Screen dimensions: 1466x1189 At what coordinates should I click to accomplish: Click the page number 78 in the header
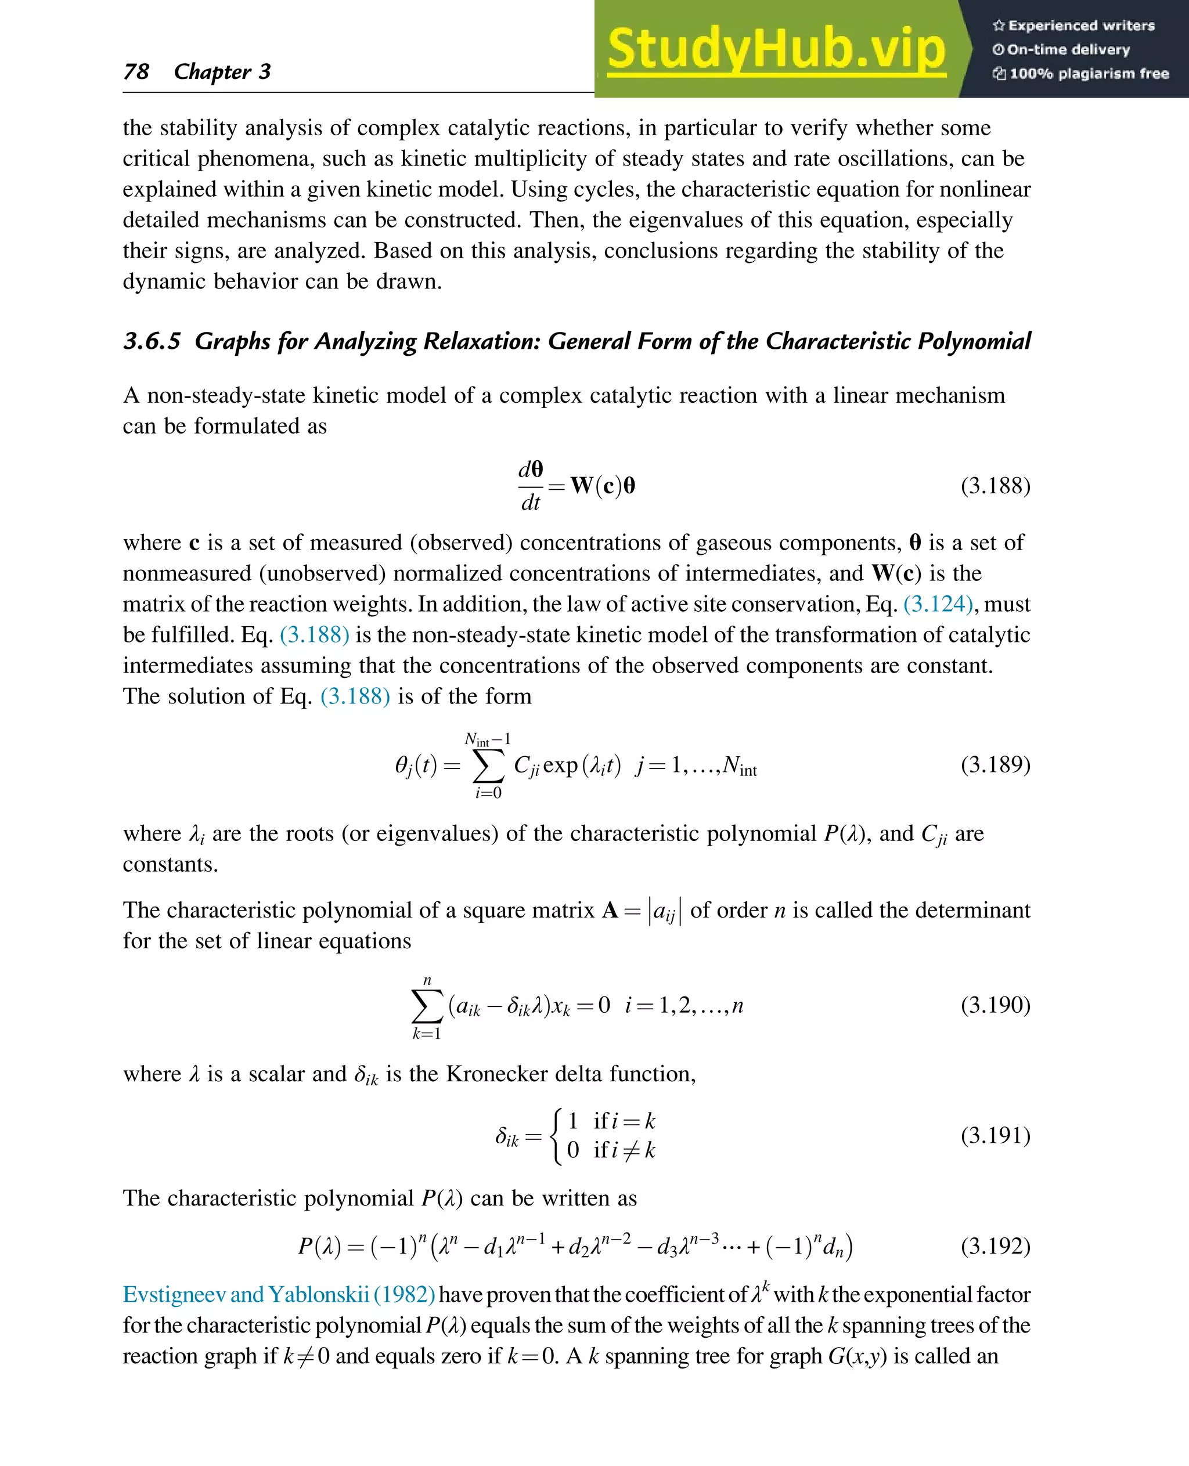click(136, 71)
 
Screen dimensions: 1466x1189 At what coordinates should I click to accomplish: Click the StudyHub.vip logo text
click(776, 49)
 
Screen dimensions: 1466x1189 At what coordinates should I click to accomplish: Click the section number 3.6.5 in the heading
click(152, 341)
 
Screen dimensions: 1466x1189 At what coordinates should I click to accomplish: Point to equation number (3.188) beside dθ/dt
click(995, 485)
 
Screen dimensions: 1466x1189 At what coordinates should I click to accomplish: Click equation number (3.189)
click(995, 764)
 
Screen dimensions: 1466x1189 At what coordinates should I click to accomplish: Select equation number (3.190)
click(995, 1005)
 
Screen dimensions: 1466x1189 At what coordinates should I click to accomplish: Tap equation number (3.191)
click(995, 1135)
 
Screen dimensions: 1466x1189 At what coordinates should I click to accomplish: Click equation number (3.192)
click(995, 1245)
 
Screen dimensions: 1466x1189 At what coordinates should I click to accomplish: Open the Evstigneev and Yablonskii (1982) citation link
click(279, 1295)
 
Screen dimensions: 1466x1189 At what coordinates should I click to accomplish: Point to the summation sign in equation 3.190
click(426, 1006)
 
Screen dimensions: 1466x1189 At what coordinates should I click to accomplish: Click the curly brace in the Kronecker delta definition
click(557, 1136)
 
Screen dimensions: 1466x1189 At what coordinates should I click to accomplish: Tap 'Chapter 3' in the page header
click(222, 71)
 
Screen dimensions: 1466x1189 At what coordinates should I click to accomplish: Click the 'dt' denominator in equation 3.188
click(531, 503)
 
